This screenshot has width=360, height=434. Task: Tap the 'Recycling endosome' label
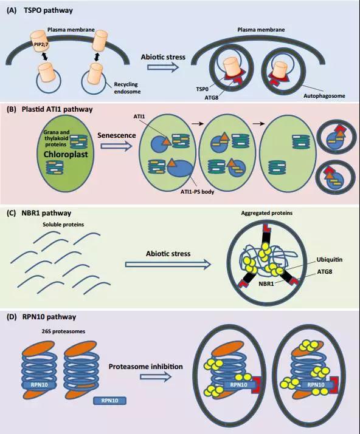pos(127,88)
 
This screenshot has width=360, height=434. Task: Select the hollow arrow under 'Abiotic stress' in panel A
pos(162,67)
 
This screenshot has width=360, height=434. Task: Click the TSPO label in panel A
pos(202,89)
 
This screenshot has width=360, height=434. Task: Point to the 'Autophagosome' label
pos(324,96)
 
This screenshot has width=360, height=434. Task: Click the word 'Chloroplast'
pos(66,154)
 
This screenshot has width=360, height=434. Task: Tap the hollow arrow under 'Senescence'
pos(116,146)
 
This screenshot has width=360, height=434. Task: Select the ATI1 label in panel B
pos(139,117)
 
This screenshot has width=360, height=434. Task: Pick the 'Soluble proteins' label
pos(63,225)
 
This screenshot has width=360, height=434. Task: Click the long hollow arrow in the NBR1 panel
pos(168,264)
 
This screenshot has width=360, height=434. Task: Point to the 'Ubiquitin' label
pos(330,260)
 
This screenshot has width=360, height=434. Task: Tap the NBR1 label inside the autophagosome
pos(266,283)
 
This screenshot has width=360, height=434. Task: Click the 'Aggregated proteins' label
pos(267,213)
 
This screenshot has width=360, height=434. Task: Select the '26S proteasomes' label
pos(63,331)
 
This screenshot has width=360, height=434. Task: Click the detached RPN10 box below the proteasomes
pos(110,401)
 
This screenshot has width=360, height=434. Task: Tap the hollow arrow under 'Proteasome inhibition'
pos(155,377)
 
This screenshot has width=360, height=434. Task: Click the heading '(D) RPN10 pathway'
pos(41,317)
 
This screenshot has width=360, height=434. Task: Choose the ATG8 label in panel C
pos(325,271)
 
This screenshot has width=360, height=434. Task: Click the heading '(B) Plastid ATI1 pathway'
pos(49,109)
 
